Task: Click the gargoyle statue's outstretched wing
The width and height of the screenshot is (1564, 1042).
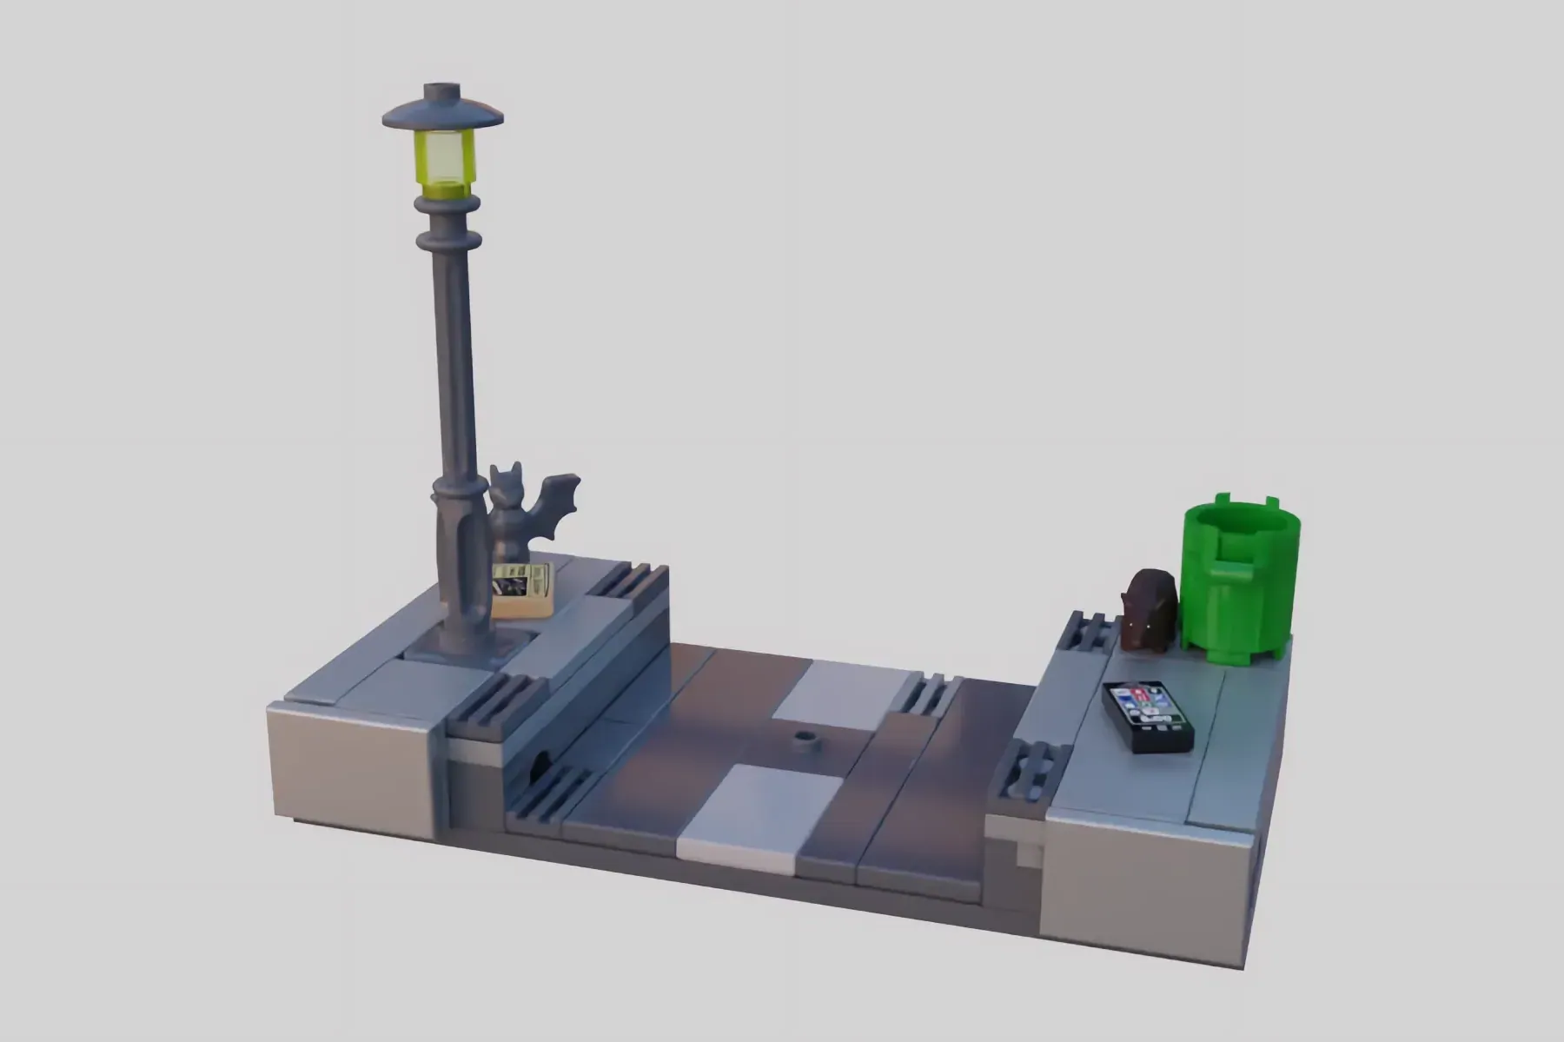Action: [x=556, y=504]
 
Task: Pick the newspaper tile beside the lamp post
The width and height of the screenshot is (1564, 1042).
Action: [x=522, y=588]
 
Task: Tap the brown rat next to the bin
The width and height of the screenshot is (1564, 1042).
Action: [x=1149, y=609]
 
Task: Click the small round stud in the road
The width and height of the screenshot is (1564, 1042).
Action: [x=807, y=741]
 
